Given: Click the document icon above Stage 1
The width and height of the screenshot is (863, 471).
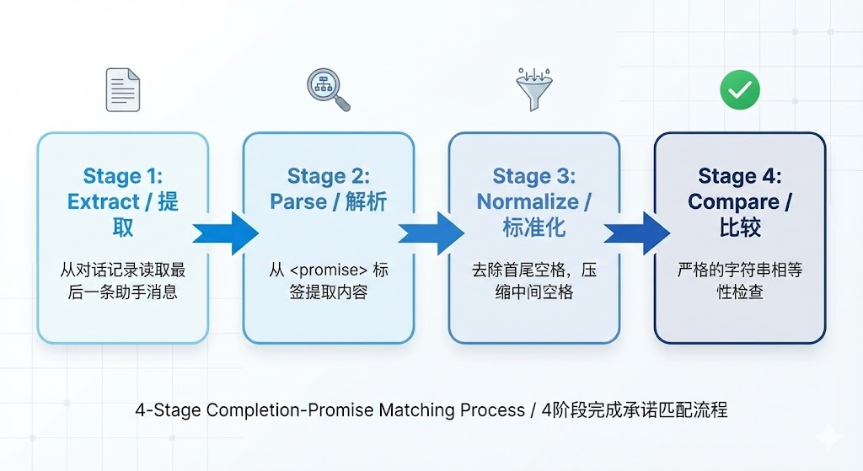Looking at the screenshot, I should click(123, 90).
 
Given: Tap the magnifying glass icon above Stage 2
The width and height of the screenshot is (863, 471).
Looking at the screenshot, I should click(327, 90).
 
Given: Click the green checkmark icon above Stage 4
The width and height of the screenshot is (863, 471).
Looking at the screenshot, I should click(739, 89).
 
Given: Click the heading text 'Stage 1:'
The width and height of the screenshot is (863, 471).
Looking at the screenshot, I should click(123, 176).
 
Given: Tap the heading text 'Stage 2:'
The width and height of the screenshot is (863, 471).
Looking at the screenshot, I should click(329, 176).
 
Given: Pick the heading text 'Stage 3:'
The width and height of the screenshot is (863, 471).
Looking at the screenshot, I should click(534, 176).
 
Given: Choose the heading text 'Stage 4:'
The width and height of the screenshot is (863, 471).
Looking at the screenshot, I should click(740, 176).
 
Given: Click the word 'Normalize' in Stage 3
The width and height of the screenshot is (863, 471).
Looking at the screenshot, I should click(528, 202).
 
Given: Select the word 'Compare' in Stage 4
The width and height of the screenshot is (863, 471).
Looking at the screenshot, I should click(732, 202).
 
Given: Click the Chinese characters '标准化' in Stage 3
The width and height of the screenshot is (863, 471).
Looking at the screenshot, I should click(534, 227).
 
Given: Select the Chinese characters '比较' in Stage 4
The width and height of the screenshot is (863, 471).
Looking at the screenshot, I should click(740, 227).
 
